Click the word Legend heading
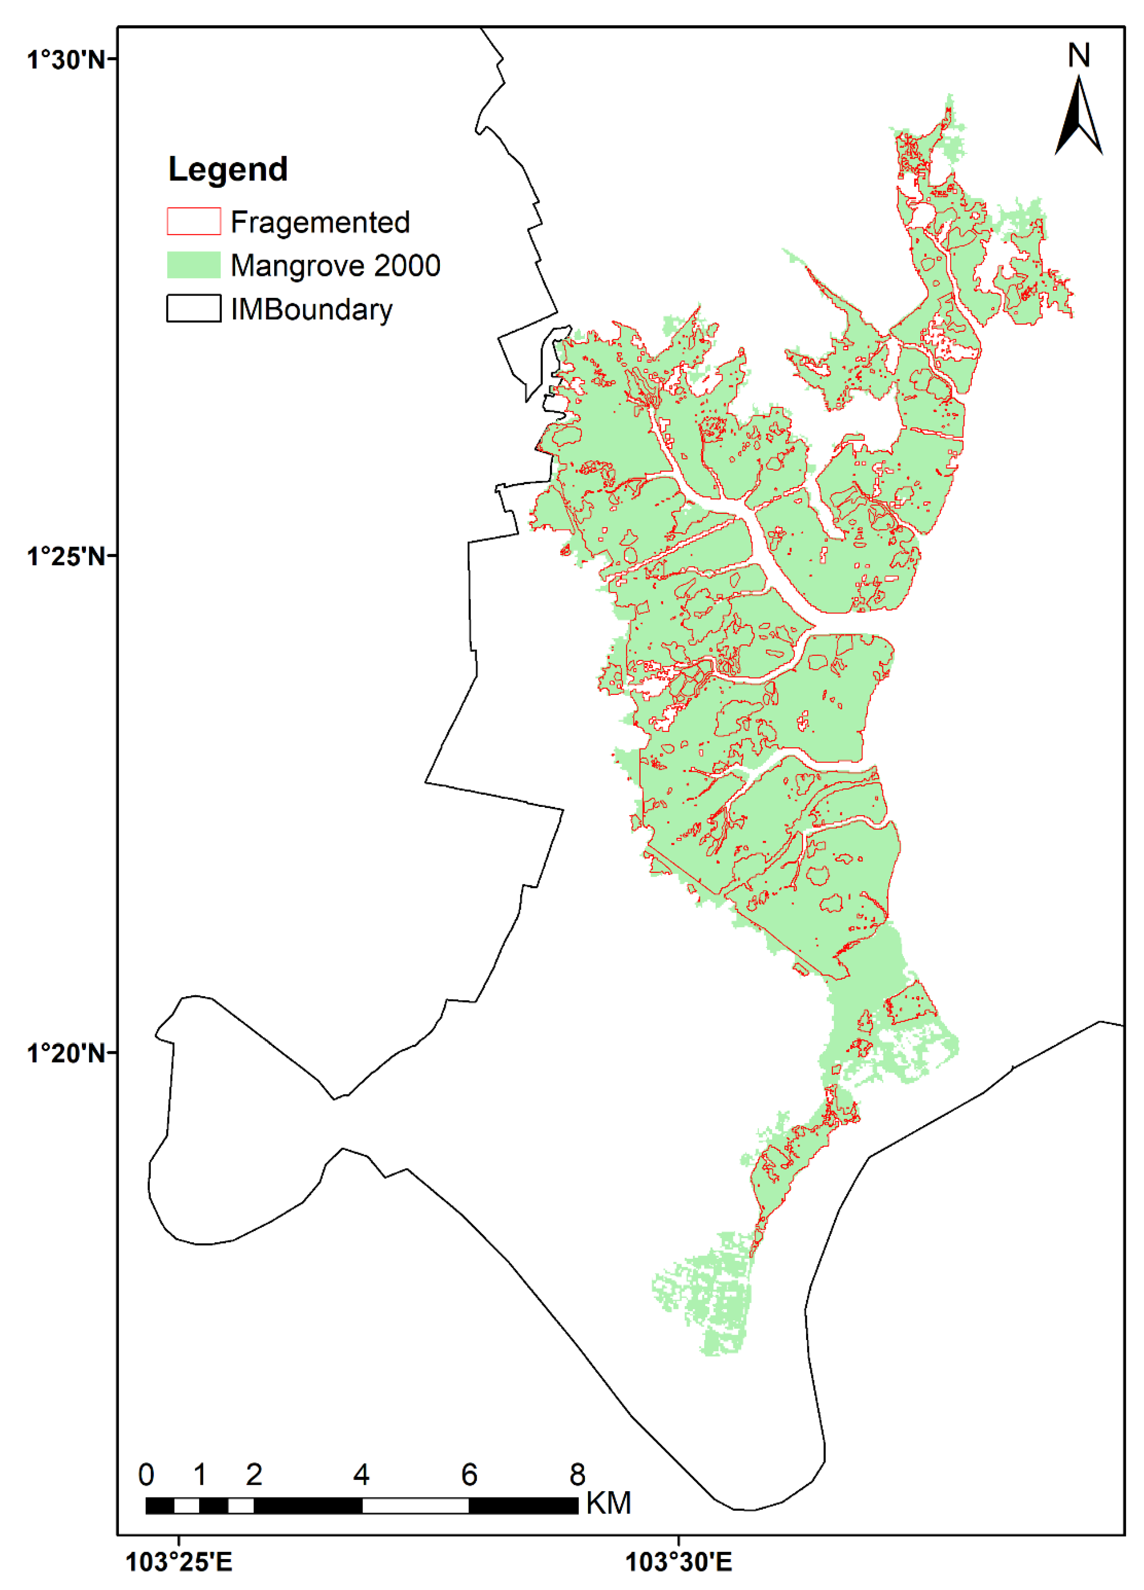[x=228, y=170]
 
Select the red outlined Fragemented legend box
[x=193, y=222]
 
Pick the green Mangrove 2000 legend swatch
[x=193, y=265]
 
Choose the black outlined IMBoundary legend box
[x=193, y=308]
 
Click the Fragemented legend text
[x=320, y=222]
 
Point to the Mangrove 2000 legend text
[x=335, y=266]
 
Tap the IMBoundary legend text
[x=312, y=309]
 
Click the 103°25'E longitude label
[x=179, y=1562]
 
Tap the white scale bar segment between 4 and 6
[x=415, y=1505]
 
